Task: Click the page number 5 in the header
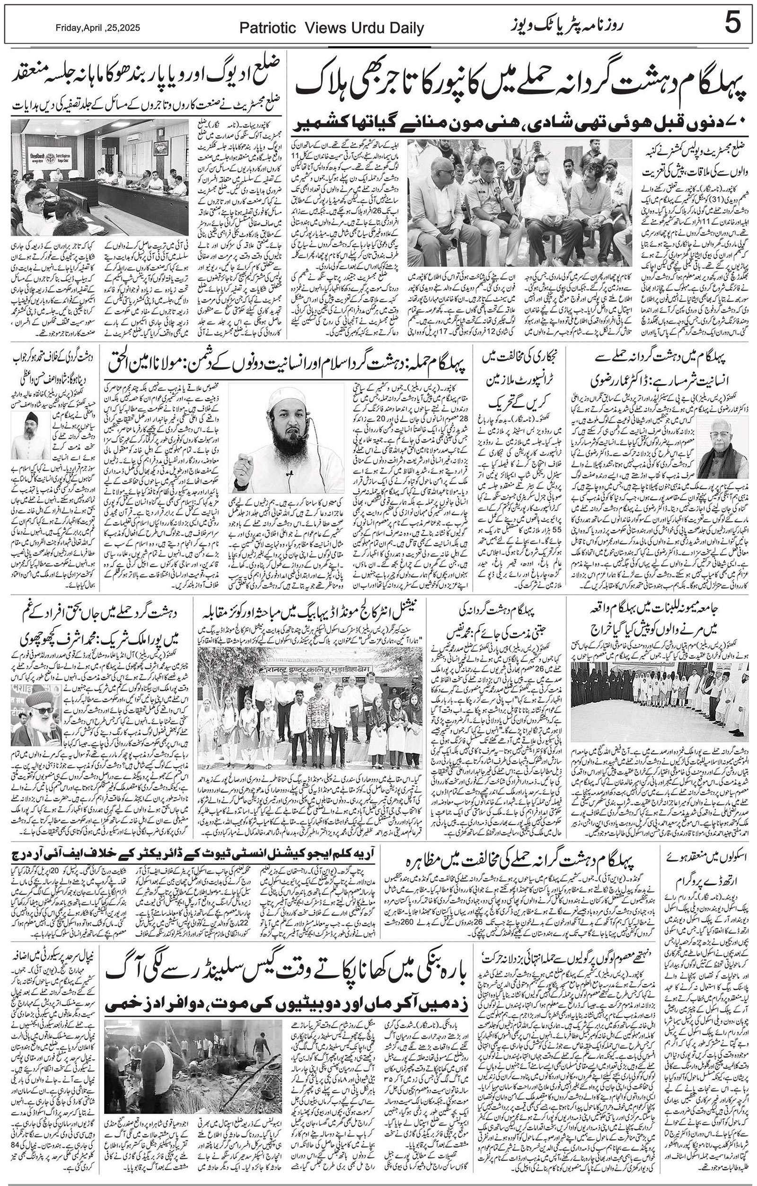(733, 25)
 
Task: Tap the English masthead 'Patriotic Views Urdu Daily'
(331, 28)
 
